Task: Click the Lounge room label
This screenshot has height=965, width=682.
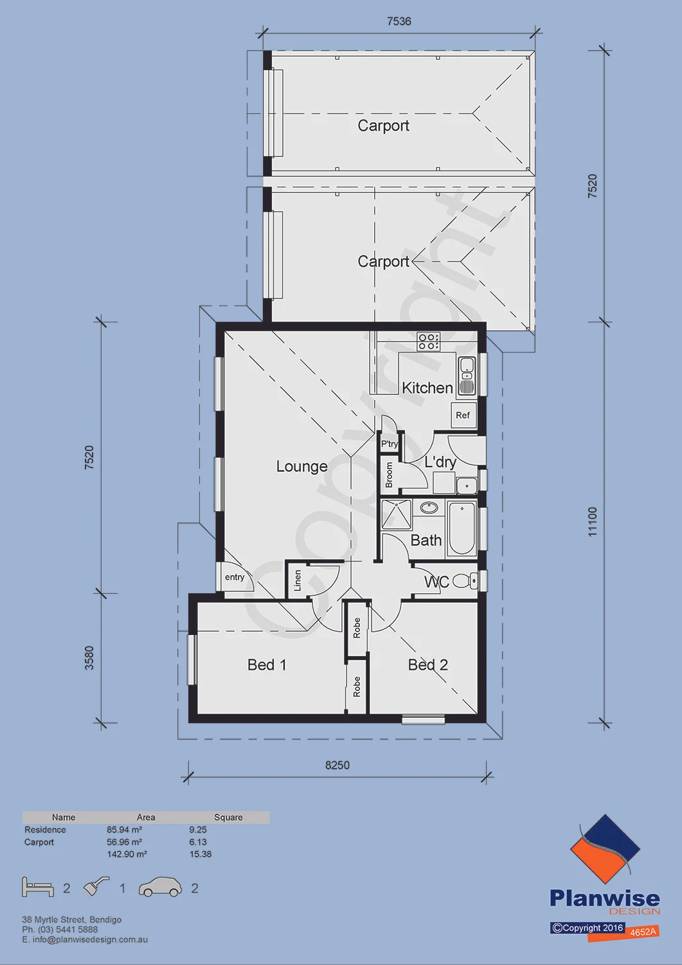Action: (301, 466)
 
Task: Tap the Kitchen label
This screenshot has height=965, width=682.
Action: (427, 388)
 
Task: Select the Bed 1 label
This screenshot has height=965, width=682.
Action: (267, 665)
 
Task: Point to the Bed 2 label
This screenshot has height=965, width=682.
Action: (427, 665)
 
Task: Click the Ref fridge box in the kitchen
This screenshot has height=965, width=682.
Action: (463, 415)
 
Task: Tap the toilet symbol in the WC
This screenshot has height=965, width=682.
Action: (465, 581)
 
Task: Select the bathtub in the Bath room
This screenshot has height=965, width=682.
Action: (462, 528)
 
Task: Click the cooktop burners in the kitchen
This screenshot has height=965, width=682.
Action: (428, 341)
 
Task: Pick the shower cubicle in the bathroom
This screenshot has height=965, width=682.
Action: (397, 515)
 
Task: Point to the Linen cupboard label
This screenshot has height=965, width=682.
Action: (298, 580)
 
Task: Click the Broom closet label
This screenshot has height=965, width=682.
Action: (389, 475)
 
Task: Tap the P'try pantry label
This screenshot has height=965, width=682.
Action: (390, 444)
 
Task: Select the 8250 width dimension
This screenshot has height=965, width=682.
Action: (337, 765)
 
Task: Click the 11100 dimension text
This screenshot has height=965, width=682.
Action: (593, 522)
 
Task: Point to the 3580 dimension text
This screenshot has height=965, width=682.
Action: (89, 658)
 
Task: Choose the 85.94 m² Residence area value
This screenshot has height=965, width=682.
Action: (125, 829)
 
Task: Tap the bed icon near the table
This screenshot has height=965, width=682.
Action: (38, 887)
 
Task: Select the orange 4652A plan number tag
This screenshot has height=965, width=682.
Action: (643, 932)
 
